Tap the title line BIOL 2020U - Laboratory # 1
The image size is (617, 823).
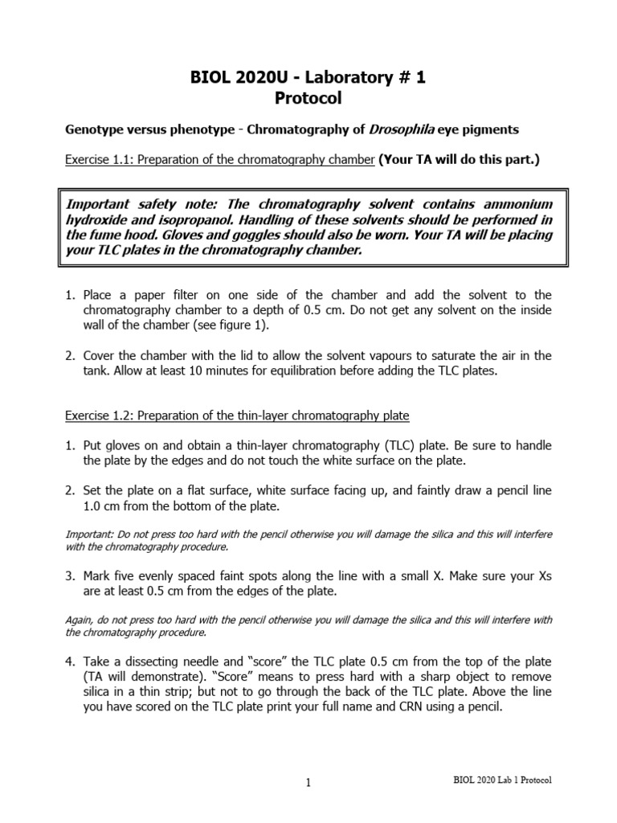(308, 77)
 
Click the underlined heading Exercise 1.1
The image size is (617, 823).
(219, 159)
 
